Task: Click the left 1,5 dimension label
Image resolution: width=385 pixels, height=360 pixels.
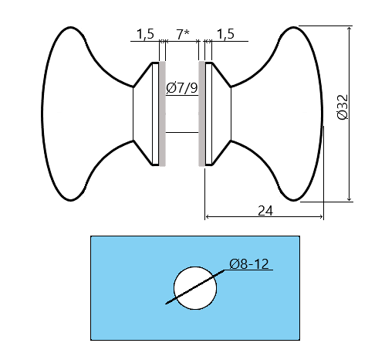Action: click(x=145, y=34)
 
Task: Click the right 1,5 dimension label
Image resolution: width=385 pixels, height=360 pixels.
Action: click(x=225, y=34)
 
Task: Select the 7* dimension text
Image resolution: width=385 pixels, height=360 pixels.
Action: click(x=183, y=34)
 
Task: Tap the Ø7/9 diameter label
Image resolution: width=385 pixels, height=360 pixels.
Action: click(x=182, y=88)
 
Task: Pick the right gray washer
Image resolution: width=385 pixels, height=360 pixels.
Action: click(x=203, y=113)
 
